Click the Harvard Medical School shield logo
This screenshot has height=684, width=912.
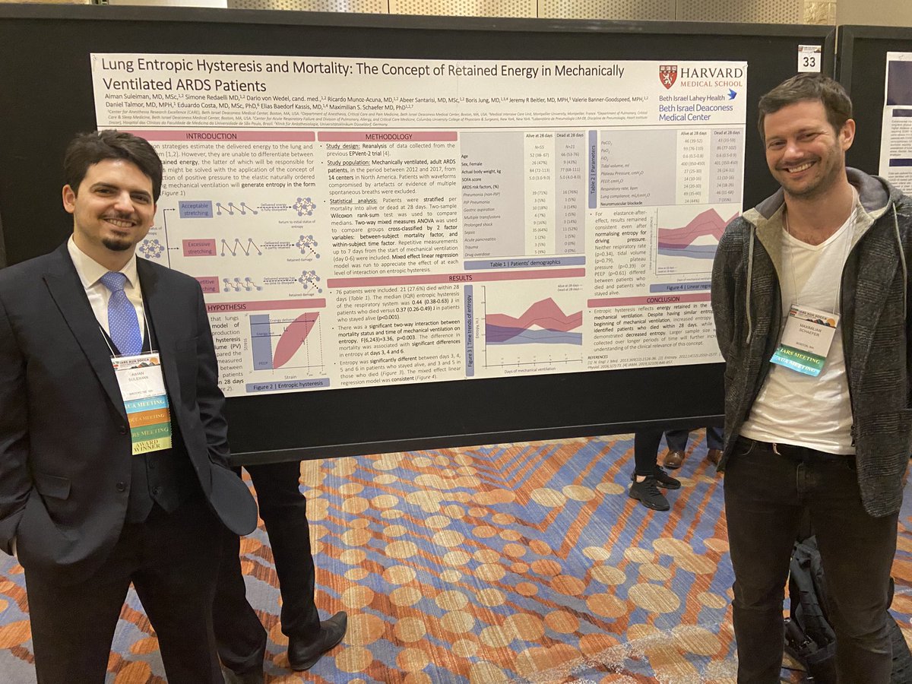point(668,77)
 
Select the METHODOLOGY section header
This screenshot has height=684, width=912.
point(387,136)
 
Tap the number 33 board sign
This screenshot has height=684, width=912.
point(809,59)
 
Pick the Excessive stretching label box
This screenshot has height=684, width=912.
point(199,247)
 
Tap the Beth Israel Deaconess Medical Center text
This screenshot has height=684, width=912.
point(697,111)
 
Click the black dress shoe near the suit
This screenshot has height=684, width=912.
point(317,639)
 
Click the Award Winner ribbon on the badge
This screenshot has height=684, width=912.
point(152,445)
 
